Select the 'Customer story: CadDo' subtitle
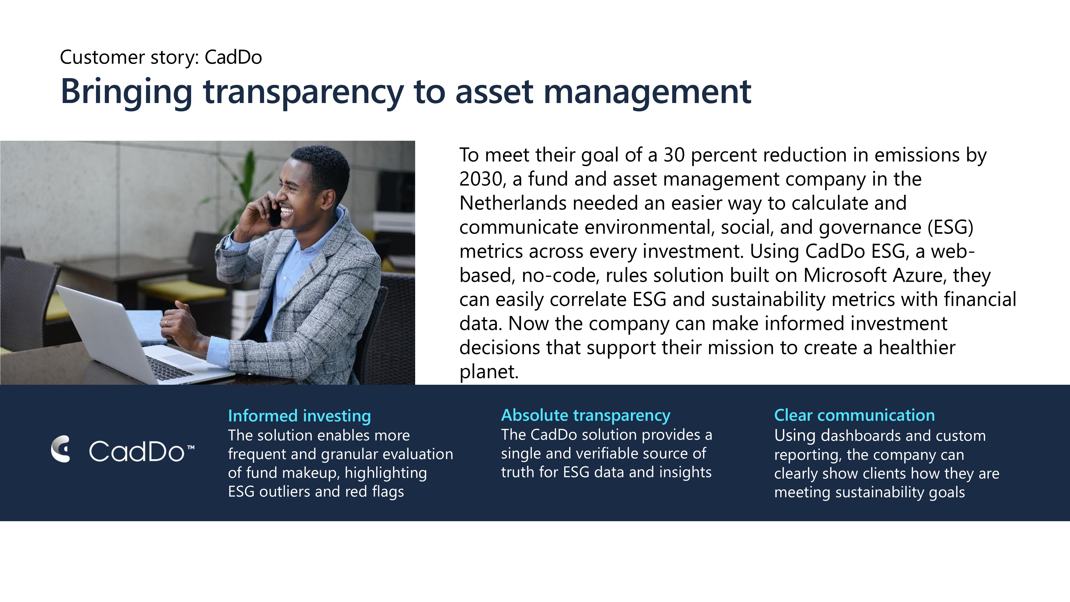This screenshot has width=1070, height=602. pos(161,57)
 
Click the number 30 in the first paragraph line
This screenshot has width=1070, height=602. pos(674,155)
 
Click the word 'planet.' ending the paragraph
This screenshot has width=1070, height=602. pos(489,372)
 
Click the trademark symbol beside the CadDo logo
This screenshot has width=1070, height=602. pos(191,447)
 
